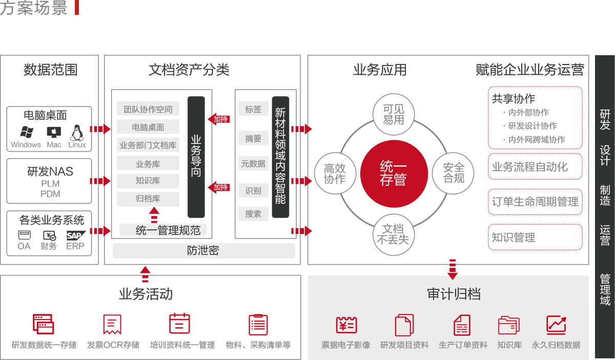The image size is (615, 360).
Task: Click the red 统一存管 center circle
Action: (x=393, y=173)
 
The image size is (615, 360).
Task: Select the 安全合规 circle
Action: (x=453, y=173)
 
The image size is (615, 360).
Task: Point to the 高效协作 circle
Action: (x=334, y=174)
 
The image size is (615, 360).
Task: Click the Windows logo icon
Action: (x=26, y=132)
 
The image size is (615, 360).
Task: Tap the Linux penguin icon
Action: (x=77, y=132)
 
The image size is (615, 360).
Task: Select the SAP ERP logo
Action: (x=76, y=236)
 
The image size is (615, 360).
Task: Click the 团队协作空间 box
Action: (x=148, y=109)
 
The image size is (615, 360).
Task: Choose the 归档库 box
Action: (x=148, y=199)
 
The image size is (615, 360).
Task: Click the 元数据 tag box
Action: (x=253, y=164)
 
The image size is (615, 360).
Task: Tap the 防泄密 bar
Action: (x=203, y=251)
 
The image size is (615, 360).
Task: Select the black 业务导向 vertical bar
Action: (x=196, y=156)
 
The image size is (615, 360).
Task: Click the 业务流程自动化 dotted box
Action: (x=535, y=166)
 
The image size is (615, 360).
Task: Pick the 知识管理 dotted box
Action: (x=535, y=237)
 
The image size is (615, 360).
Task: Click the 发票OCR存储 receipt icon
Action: (x=112, y=325)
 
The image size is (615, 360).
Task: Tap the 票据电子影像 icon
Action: (x=346, y=325)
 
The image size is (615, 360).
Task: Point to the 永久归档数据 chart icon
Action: (x=556, y=325)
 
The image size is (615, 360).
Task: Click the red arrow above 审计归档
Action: (x=452, y=269)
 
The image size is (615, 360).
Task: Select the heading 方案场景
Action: (x=34, y=8)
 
